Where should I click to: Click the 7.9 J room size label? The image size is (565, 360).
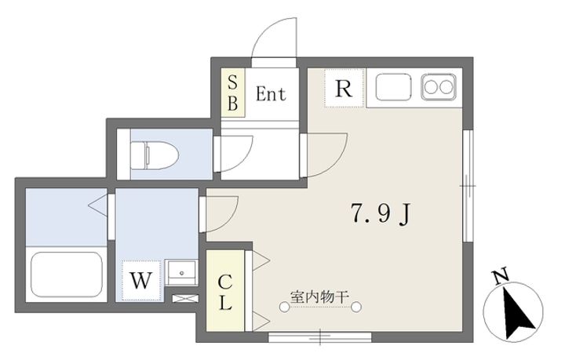[x=382, y=213]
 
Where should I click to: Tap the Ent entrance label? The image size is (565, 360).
[x=271, y=94]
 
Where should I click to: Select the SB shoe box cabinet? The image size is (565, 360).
[x=232, y=93]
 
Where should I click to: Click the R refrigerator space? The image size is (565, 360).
[x=343, y=89]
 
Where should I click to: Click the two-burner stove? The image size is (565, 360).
[x=438, y=86]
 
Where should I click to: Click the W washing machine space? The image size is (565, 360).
[x=140, y=278]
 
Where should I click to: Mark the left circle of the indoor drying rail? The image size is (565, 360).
[x=286, y=307]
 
